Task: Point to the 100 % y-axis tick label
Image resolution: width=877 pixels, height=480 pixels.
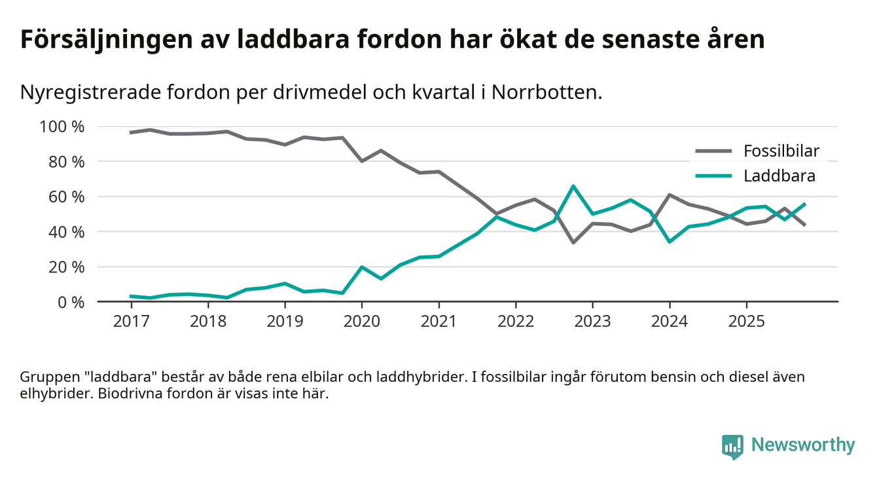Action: click(63, 126)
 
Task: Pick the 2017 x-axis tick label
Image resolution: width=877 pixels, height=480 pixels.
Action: click(131, 322)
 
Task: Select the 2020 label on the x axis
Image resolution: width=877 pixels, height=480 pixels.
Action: click(361, 322)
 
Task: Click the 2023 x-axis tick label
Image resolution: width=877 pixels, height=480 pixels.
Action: click(592, 322)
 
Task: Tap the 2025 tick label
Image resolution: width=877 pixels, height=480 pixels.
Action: click(746, 322)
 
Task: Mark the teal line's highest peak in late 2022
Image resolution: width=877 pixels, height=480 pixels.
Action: click(573, 187)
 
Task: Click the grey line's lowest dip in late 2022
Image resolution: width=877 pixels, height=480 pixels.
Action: click(573, 243)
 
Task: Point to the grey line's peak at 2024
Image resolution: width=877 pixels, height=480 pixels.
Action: click(670, 194)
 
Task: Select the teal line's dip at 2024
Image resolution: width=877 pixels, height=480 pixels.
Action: click(670, 242)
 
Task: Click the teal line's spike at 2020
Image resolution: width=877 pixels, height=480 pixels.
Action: click(361, 267)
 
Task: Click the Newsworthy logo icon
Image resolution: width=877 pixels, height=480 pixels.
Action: click(732, 446)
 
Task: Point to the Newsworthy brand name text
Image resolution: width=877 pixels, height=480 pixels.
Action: click(802, 445)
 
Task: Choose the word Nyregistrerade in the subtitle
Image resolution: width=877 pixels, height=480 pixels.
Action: click(88, 92)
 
